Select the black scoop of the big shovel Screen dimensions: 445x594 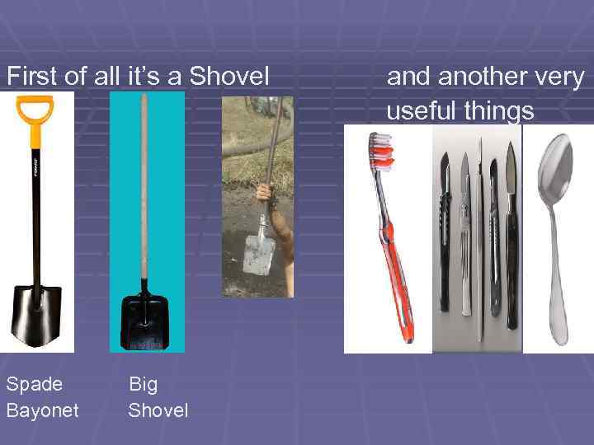pos(144,317)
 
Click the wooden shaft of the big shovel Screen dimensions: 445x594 pos(144,190)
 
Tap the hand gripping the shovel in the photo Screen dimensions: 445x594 pos(263,194)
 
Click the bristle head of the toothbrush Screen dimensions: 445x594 pos(381,152)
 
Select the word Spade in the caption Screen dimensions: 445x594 pos(34,384)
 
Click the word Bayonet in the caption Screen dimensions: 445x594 pos(42,410)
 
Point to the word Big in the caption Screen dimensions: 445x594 pos(143,384)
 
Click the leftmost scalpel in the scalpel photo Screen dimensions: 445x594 pos(445,231)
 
